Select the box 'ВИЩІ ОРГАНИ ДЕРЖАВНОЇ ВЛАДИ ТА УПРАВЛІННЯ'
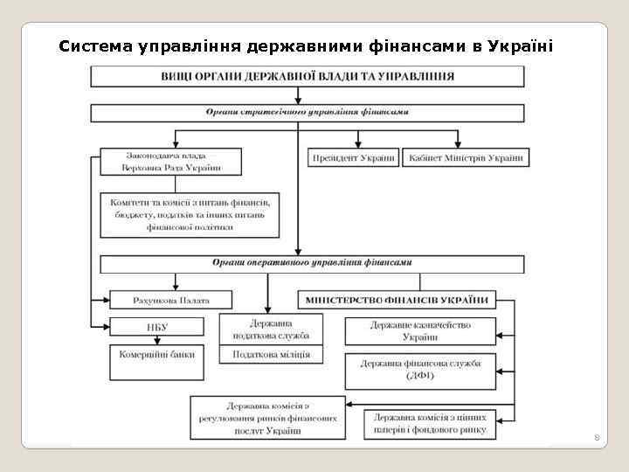[308, 76]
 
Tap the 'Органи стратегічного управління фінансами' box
[308, 113]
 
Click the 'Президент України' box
[352, 158]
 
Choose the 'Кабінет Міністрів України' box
[464, 158]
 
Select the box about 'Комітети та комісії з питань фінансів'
[190, 214]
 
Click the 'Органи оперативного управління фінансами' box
[312, 263]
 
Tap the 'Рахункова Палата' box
[171, 300]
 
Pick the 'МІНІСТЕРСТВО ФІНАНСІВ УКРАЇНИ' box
[397, 300]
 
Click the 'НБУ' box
[157, 327]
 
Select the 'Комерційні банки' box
[157, 355]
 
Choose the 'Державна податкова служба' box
[270, 329]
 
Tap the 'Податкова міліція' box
[270, 354]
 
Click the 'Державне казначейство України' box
[419, 331]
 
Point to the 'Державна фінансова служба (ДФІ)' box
[419, 371]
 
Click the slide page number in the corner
[597, 434]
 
